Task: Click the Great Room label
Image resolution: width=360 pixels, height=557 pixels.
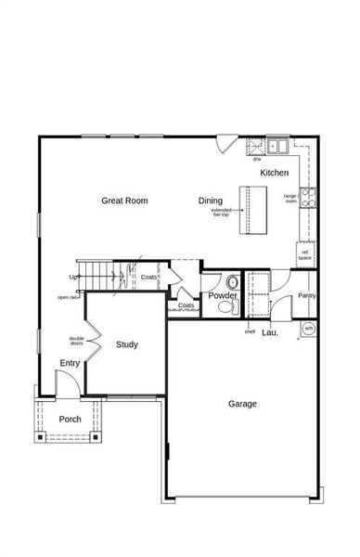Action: tap(124, 201)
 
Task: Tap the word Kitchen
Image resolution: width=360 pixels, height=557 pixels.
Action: tap(274, 174)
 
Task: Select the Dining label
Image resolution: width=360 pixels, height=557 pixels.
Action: tap(211, 201)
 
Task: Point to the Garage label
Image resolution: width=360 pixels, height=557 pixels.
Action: tap(243, 404)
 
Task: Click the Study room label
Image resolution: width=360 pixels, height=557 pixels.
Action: tap(127, 344)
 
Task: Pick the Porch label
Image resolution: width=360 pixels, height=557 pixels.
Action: tap(71, 419)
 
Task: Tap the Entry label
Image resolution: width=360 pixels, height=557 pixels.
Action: tap(70, 363)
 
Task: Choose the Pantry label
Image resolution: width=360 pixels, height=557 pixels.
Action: tap(307, 295)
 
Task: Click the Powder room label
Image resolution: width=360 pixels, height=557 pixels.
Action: tap(223, 296)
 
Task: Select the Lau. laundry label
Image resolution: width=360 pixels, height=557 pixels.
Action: tap(270, 331)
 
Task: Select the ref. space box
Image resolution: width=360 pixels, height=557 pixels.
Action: tap(304, 252)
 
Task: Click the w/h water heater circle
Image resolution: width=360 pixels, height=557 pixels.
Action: tap(308, 329)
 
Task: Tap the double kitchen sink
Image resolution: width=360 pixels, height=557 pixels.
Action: tap(276, 144)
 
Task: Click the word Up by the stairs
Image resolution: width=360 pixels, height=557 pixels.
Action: tap(73, 277)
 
